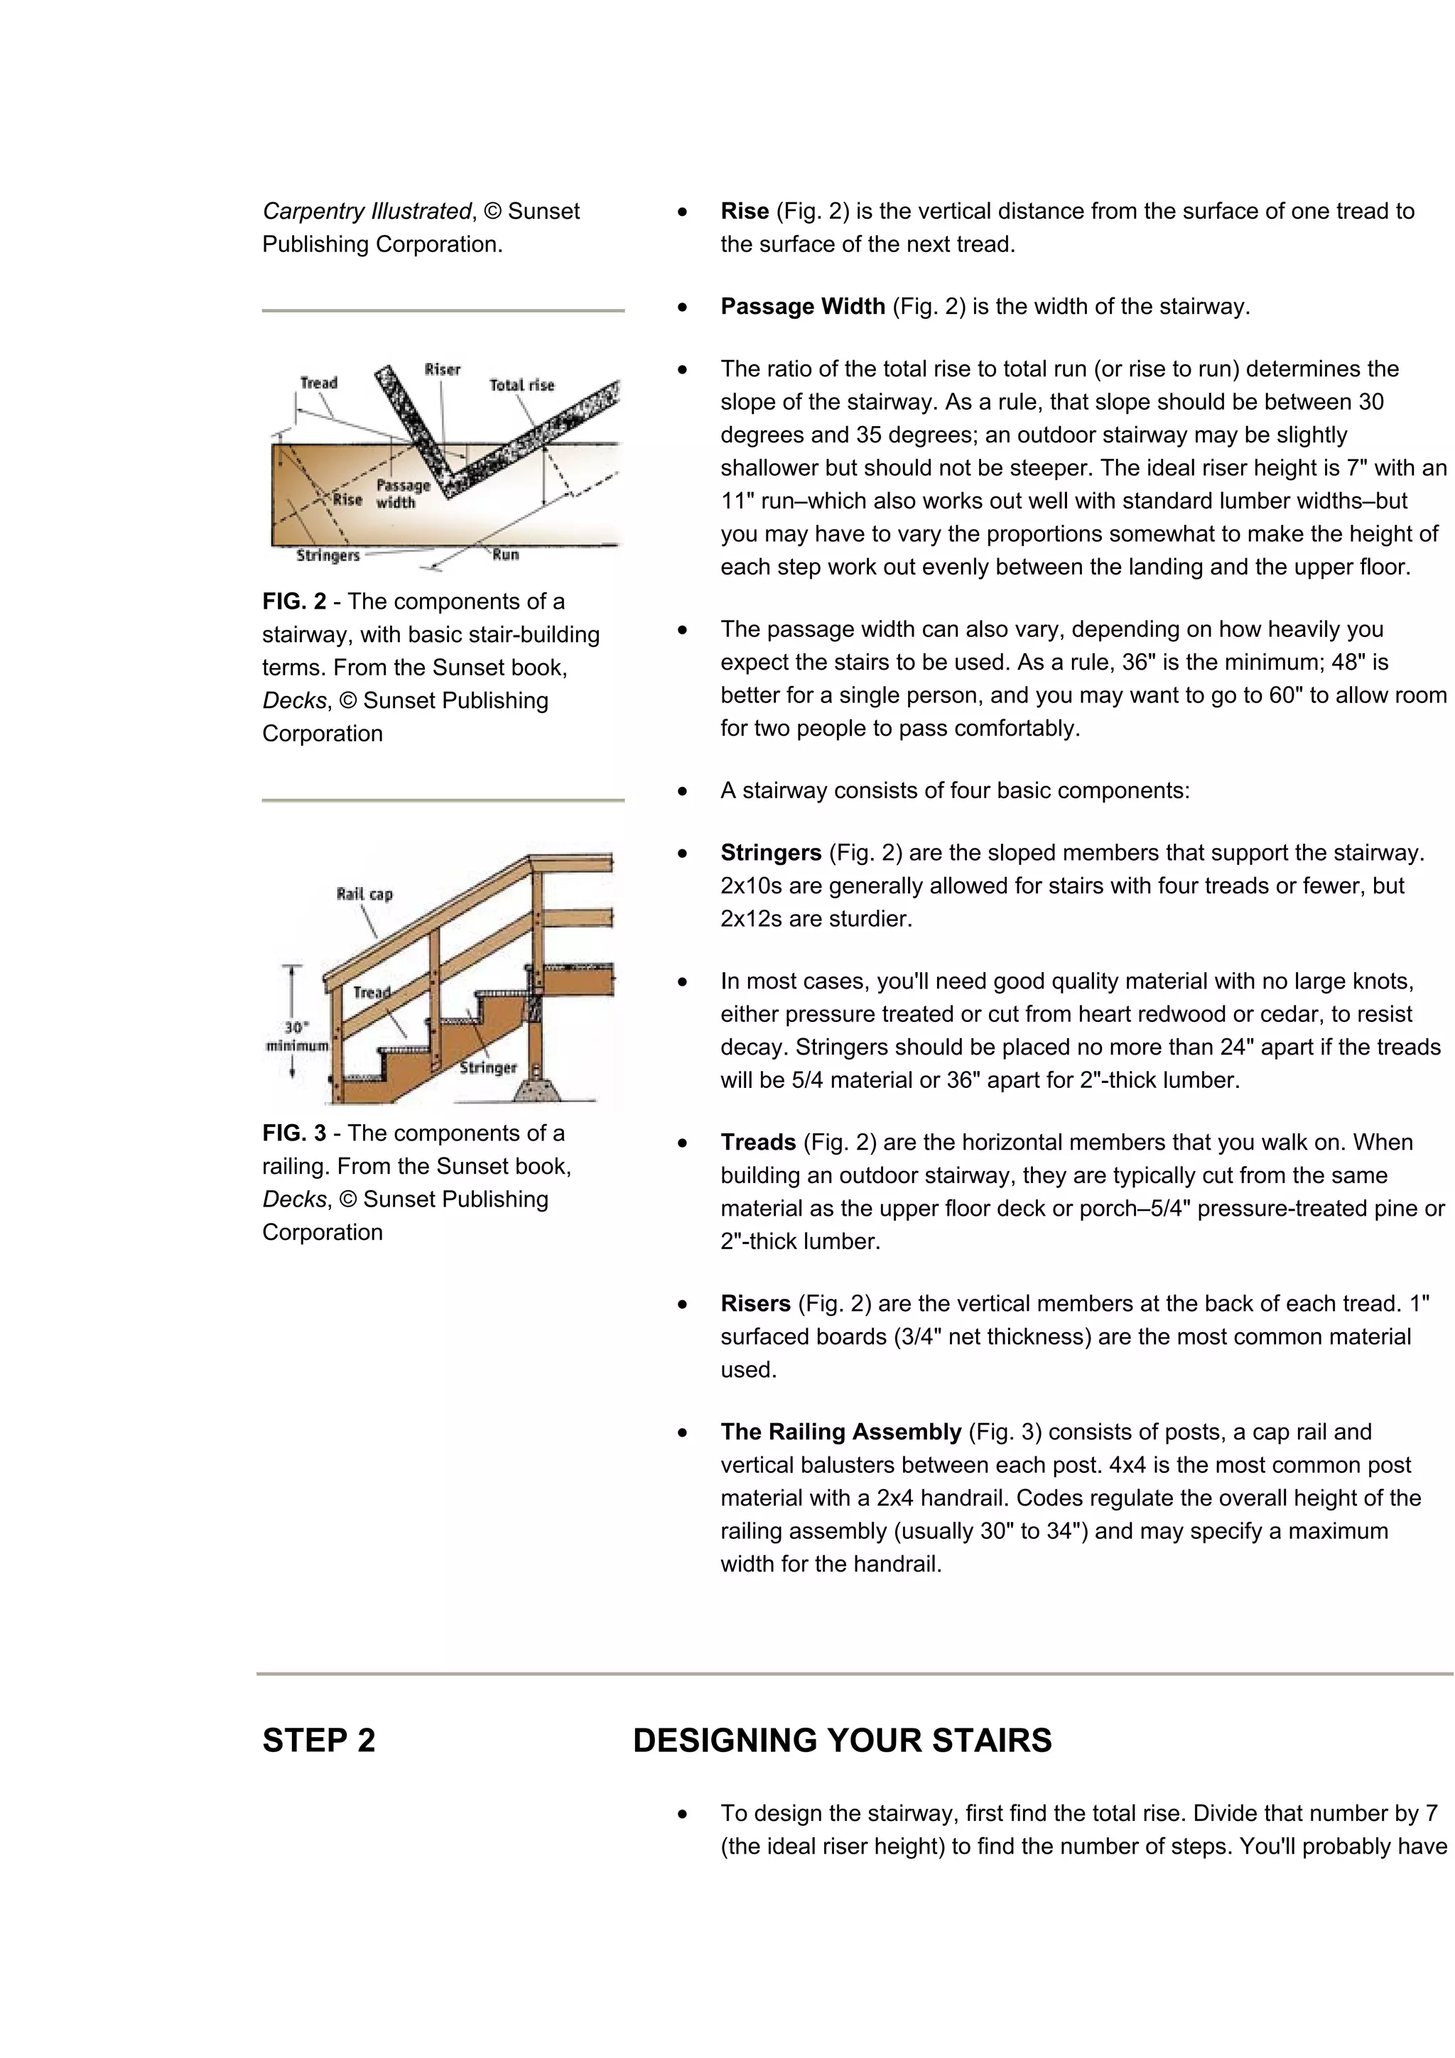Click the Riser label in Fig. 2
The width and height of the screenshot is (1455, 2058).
click(x=442, y=369)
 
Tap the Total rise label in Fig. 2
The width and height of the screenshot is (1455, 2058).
click(x=521, y=386)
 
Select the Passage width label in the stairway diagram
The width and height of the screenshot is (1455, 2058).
click(x=403, y=494)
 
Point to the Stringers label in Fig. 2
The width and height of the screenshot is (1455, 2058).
click(x=328, y=556)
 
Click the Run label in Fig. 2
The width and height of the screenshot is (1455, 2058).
click(x=506, y=555)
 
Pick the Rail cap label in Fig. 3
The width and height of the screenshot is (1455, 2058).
click(x=364, y=893)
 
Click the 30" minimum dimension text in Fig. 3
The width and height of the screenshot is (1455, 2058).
click(x=298, y=1037)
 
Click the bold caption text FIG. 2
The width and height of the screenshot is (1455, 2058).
click(x=294, y=601)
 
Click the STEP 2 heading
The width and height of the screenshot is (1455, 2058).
click(x=318, y=1741)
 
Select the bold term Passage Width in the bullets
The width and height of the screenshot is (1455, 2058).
click(x=802, y=307)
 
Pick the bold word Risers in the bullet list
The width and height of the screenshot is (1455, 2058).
click(x=754, y=1303)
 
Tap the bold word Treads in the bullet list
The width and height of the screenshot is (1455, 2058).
click(x=757, y=1142)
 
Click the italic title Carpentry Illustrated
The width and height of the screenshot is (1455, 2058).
click(x=367, y=212)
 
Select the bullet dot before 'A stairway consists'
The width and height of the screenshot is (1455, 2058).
click(x=683, y=792)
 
